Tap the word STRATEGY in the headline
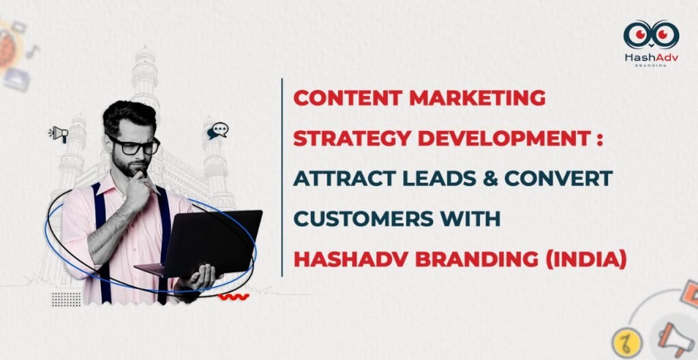(342, 138)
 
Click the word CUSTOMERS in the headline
(360, 219)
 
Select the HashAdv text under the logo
(651, 58)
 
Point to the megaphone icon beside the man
(59, 134)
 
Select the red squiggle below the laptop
(234, 297)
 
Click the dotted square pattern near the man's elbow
(67, 298)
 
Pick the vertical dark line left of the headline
(282, 177)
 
